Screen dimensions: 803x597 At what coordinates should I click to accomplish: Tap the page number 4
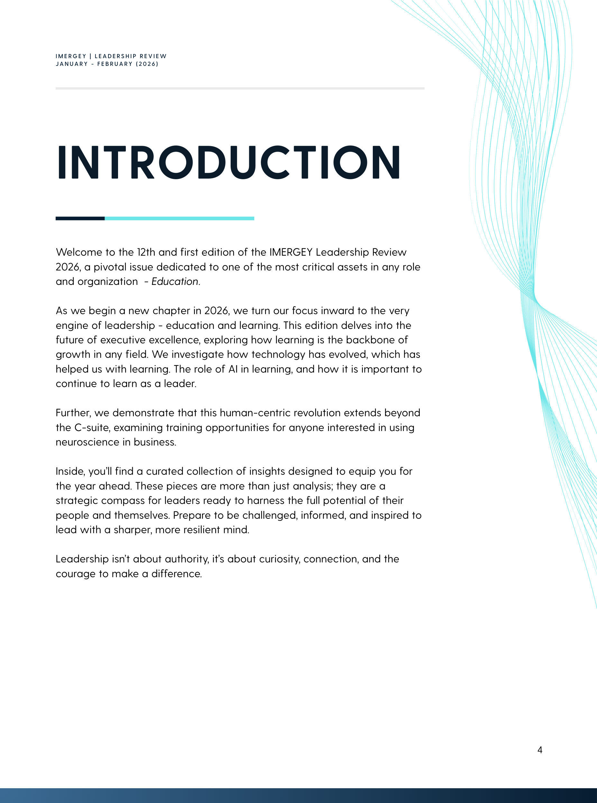pos(539,750)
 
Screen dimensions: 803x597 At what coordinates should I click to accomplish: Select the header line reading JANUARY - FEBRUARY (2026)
pos(107,64)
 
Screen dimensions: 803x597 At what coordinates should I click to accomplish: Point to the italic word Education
pos(175,281)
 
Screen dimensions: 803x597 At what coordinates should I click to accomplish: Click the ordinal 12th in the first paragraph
pos(146,252)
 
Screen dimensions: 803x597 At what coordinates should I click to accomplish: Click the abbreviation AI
pos(233,369)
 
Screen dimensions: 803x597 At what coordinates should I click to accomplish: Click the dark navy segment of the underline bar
pos(80,218)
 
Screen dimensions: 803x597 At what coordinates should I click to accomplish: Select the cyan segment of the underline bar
pos(179,218)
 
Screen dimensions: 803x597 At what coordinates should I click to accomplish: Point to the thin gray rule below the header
pos(240,88)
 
